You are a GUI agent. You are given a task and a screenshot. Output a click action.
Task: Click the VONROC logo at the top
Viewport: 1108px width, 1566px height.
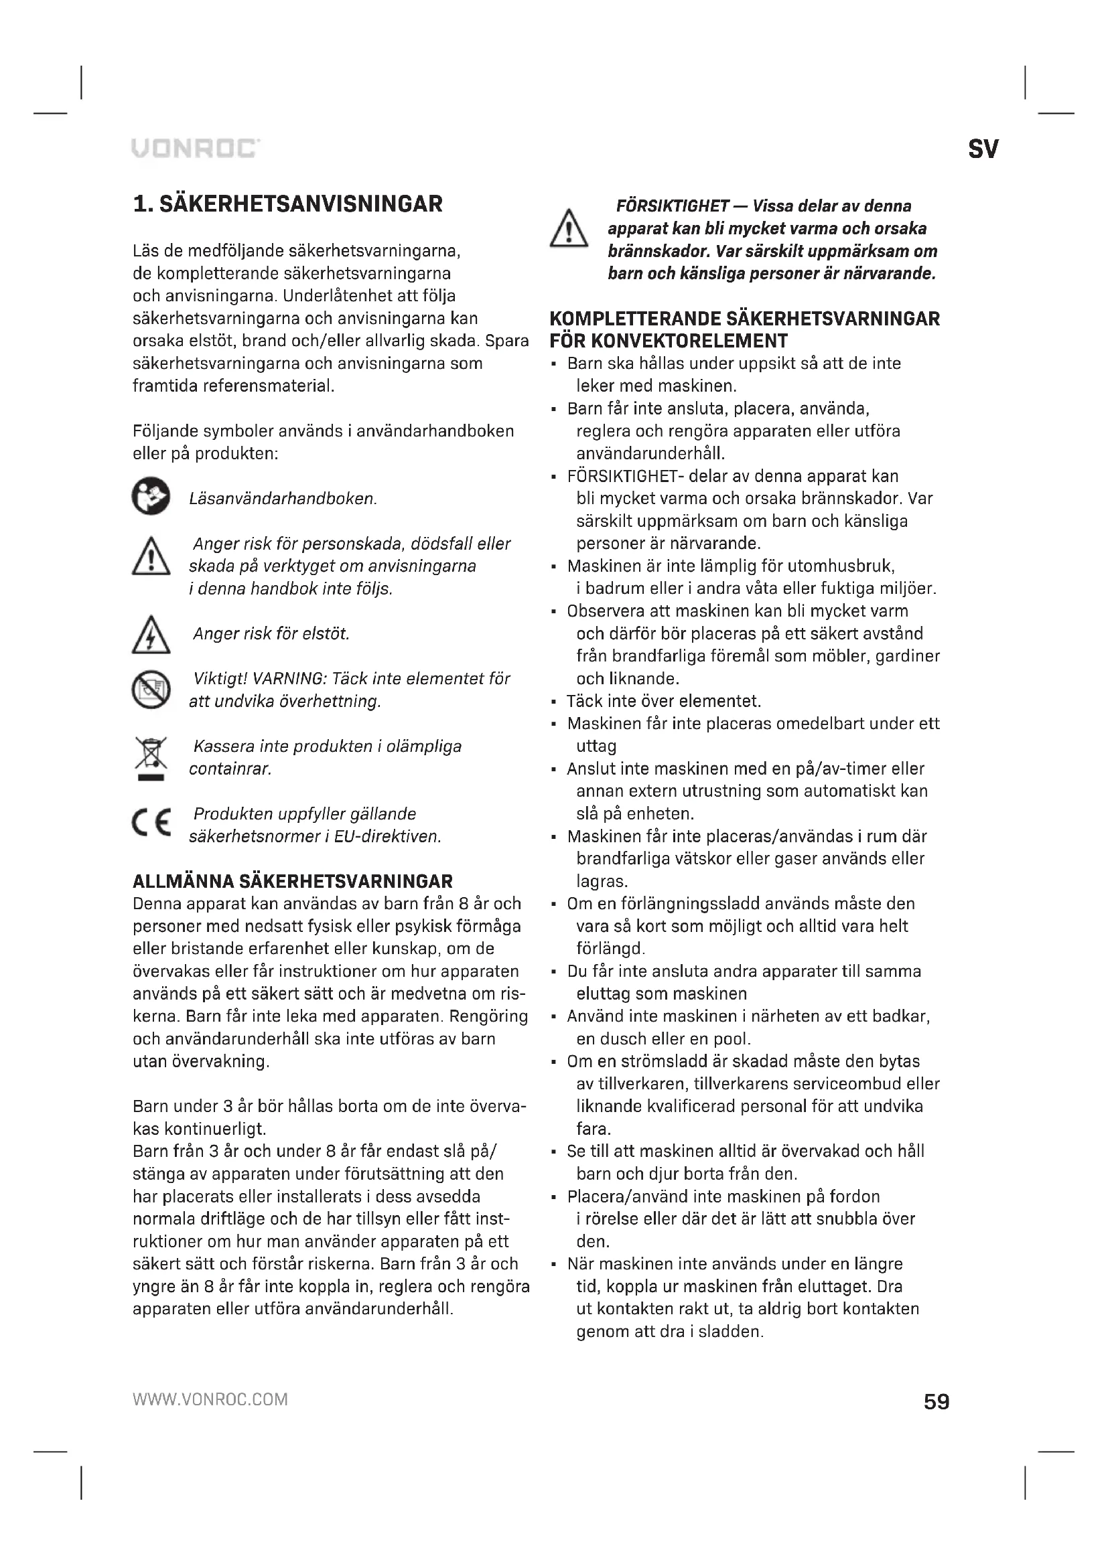coord(195,148)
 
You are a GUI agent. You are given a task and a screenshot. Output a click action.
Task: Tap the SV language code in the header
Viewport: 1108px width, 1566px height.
coord(983,149)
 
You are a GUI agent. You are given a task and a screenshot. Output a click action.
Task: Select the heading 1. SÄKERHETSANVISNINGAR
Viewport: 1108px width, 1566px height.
coord(287,204)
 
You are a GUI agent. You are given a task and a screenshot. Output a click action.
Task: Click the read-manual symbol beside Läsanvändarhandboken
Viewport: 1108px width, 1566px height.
coord(150,496)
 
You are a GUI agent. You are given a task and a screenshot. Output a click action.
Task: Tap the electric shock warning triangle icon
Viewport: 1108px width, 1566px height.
coord(150,635)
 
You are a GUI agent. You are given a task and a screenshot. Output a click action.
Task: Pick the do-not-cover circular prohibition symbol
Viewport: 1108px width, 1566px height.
coord(150,690)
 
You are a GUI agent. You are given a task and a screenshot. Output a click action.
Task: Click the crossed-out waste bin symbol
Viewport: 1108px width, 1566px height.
coord(150,758)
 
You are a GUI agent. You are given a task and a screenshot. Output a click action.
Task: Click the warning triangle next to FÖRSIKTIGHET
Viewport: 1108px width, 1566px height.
coord(568,229)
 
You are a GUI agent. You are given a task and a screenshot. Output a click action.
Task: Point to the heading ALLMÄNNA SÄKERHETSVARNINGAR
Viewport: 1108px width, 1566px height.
coord(292,881)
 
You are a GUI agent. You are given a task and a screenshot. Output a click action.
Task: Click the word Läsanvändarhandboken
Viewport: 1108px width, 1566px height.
coord(283,499)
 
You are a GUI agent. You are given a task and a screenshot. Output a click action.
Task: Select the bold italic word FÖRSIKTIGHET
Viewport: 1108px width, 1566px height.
coord(673,206)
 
